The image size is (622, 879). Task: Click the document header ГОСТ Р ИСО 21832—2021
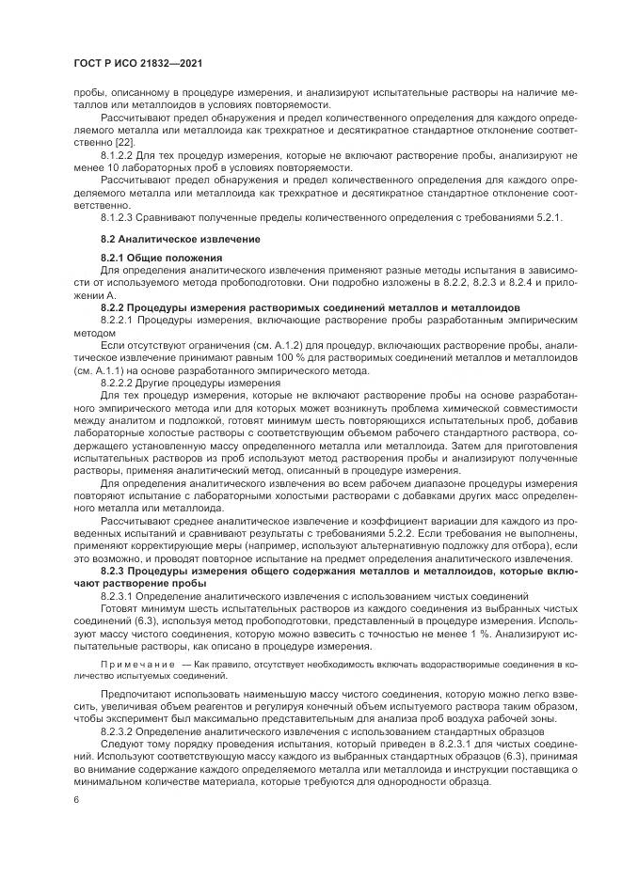pyautogui.click(x=138, y=63)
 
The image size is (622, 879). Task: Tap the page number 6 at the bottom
pyautogui.click(x=75, y=799)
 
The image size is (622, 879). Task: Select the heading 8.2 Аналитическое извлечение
pyautogui.click(x=167, y=239)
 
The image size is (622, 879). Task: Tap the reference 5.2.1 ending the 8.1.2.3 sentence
pyautogui.click(x=547, y=218)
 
